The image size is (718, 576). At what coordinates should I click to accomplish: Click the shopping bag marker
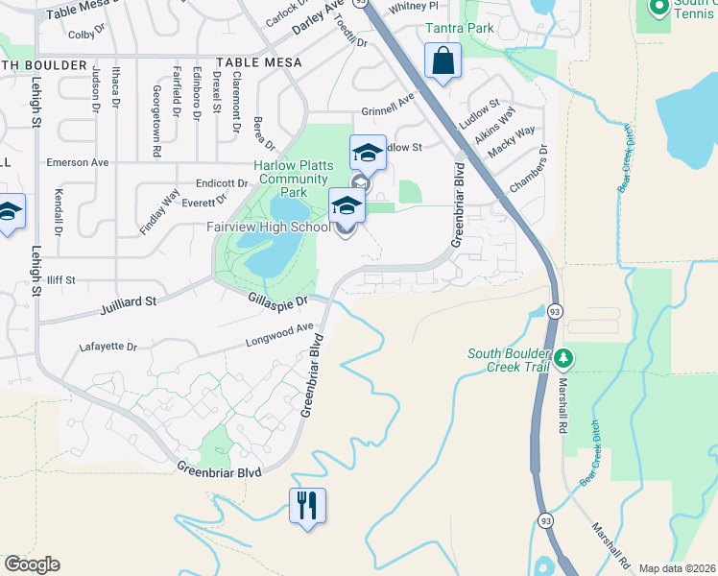443,61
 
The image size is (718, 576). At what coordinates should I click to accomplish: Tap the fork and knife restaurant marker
307,505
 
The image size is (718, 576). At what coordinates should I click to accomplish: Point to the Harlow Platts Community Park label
293,179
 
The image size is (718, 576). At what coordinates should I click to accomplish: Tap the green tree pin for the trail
564,359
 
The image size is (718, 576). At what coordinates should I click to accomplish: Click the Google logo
32,564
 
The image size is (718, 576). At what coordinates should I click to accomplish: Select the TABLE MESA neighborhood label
259,62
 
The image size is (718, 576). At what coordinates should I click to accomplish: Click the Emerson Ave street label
78,163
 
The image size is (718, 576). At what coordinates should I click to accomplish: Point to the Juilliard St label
128,306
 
